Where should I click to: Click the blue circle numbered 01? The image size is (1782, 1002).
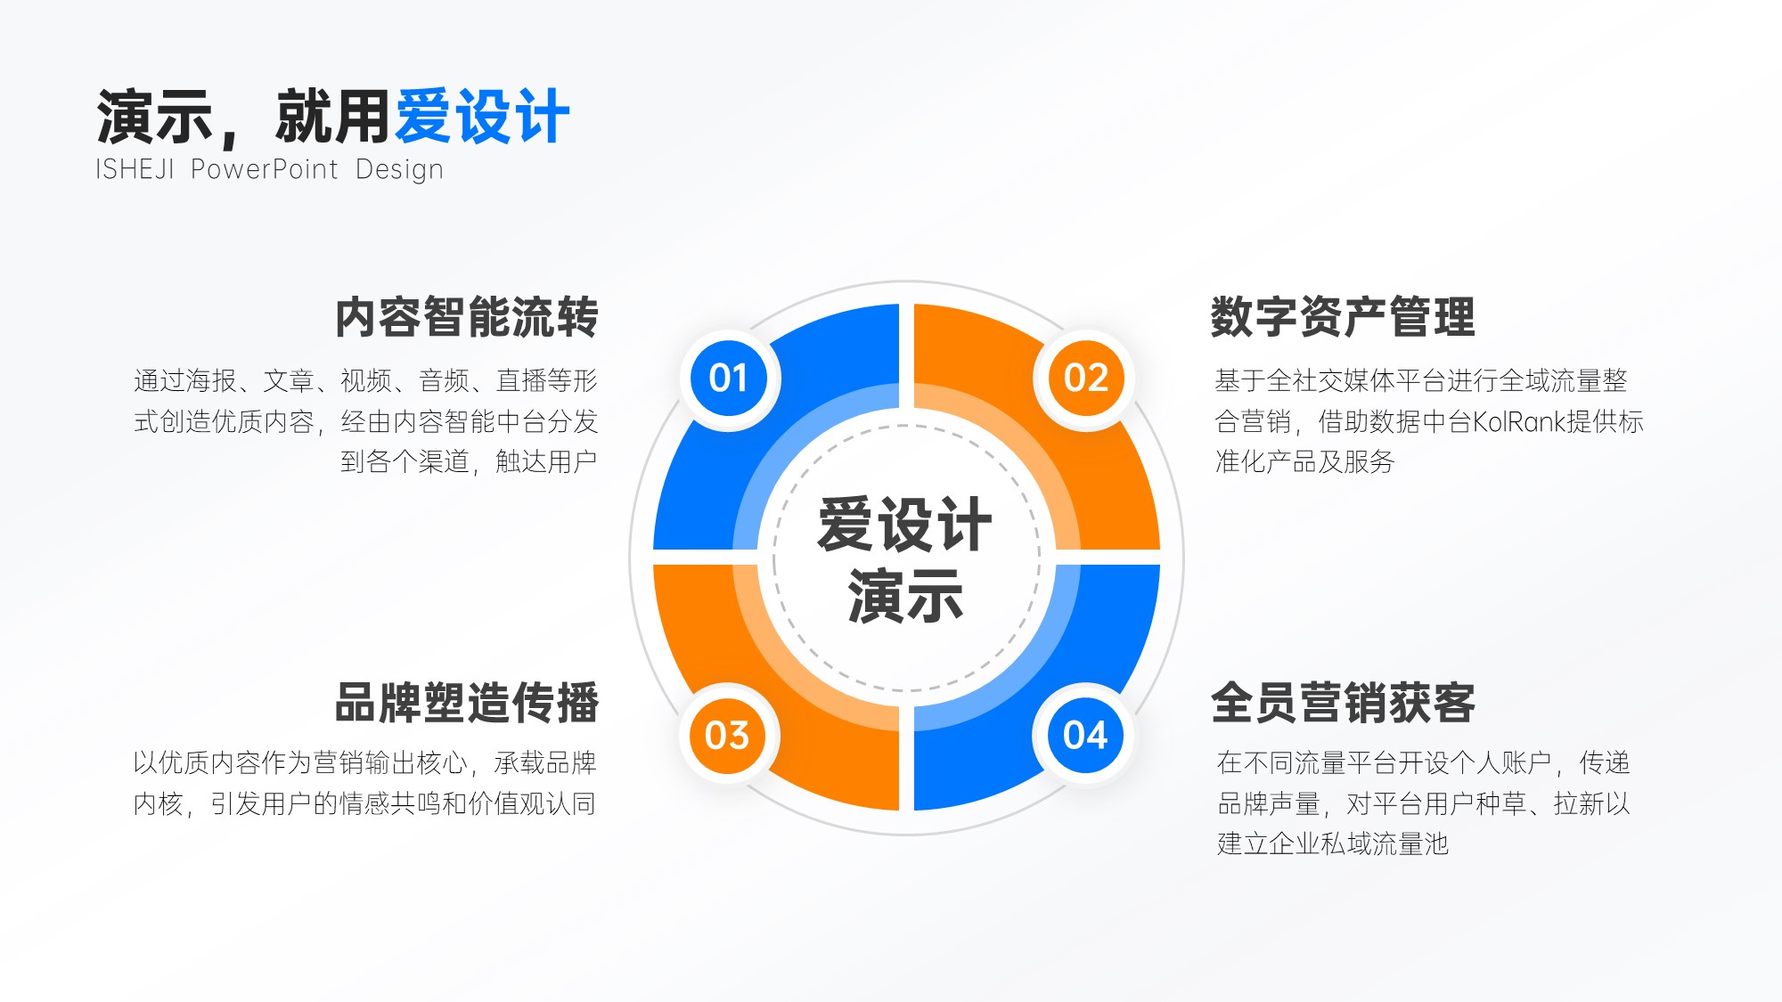729,379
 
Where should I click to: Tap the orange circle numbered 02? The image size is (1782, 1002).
1085,379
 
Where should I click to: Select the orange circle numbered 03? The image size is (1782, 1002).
728,736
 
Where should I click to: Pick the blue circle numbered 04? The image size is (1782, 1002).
1085,736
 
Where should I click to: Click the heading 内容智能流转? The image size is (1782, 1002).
466,318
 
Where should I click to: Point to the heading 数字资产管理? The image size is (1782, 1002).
1342,318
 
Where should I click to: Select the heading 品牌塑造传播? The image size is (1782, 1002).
466,703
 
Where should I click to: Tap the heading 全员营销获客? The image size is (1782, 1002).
1342,703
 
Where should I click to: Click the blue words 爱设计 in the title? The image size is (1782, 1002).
482,117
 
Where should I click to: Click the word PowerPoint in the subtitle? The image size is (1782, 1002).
265,169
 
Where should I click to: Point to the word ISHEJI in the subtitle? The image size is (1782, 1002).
135,169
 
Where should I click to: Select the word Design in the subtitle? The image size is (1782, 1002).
399,169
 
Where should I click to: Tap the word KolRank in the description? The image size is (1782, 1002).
1518,421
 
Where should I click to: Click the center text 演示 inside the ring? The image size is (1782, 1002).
905,596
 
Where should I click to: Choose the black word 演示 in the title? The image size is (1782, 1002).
154,117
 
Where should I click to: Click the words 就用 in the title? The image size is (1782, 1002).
332,117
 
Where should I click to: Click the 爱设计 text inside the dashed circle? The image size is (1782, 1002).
904,524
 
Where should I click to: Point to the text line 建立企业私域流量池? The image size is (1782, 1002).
1333,843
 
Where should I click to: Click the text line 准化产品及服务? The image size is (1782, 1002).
1304,461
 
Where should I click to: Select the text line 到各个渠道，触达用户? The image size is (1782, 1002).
469,461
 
